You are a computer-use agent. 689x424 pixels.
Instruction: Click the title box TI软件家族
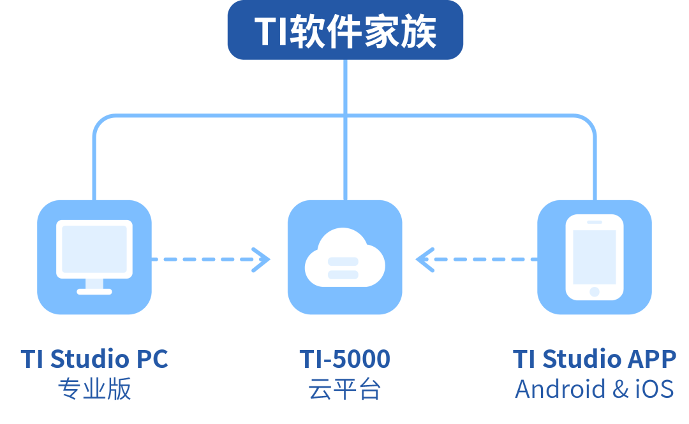click(x=345, y=31)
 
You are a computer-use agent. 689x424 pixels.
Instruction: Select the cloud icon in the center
click(x=344, y=258)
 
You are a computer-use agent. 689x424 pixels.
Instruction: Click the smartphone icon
click(x=595, y=256)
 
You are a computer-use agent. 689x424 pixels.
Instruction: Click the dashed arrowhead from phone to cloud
click(x=424, y=260)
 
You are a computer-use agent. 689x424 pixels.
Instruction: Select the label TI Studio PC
click(x=94, y=359)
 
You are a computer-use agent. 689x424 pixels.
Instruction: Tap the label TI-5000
click(x=344, y=359)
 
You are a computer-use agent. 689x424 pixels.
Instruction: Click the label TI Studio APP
click(x=595, y=359)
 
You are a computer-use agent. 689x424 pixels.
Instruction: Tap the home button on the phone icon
click(x=595, y=291)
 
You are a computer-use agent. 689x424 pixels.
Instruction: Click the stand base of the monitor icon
click(x=94, y=291)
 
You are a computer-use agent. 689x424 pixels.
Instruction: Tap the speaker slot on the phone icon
click(x=595, y=223)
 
